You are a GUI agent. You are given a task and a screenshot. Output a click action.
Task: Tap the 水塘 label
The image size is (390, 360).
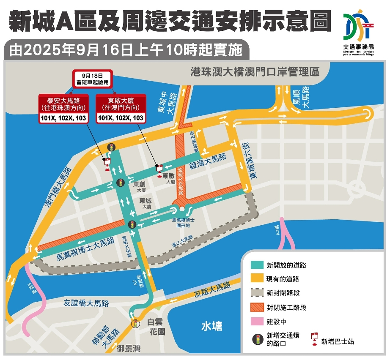(211, 326)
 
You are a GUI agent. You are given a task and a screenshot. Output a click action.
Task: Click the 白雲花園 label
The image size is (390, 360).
(157, 327)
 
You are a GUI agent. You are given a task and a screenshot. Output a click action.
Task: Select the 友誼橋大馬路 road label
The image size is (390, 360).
(86, 303)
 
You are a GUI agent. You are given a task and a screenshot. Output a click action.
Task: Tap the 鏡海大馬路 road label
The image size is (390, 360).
(208, 161)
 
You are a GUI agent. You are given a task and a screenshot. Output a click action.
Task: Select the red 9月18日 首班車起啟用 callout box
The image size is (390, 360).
(92, 79)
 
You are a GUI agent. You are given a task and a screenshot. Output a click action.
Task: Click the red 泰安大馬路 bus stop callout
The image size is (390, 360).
(63, 109)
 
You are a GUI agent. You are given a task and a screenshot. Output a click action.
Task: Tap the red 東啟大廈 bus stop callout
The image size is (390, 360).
(121, 109)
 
